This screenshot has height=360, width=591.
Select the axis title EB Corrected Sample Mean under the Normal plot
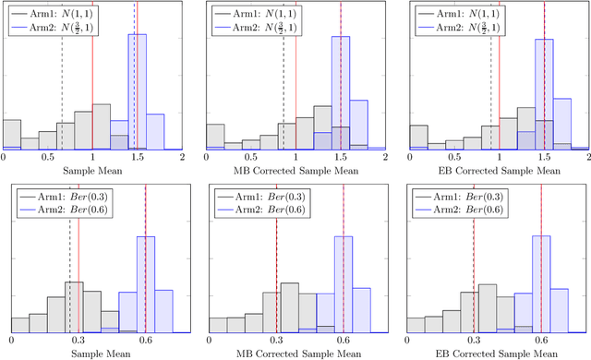499,172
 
